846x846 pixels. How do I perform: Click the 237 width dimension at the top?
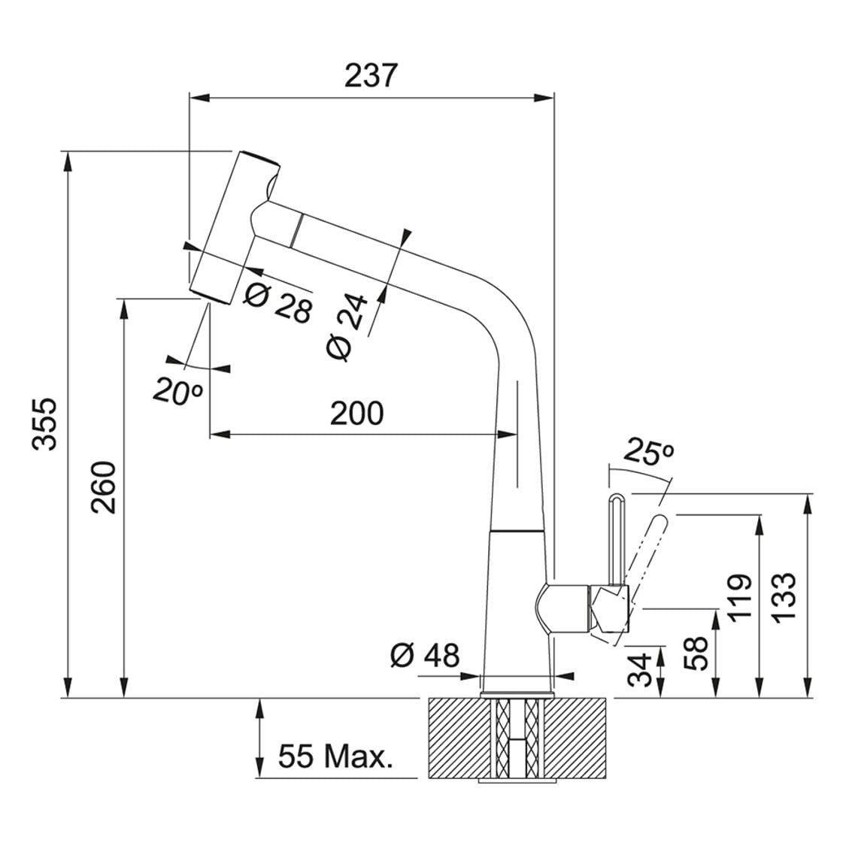(371, 75)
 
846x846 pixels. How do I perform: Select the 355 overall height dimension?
(44, 424)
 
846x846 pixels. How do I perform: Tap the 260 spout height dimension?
(103, 487)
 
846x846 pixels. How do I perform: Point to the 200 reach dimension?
(356, 414)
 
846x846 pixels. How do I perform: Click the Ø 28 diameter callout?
(277, 302)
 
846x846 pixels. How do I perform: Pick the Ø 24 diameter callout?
(347, 328)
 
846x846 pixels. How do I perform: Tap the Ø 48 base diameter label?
(425, 656)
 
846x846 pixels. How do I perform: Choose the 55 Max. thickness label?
(335, 757)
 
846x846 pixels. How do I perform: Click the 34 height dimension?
(641, 669)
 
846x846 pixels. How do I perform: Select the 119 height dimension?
(738, 598)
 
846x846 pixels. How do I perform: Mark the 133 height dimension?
(783, 598)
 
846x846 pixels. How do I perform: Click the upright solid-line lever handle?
(616, 539)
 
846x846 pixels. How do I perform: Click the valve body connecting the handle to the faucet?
(582, 608)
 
